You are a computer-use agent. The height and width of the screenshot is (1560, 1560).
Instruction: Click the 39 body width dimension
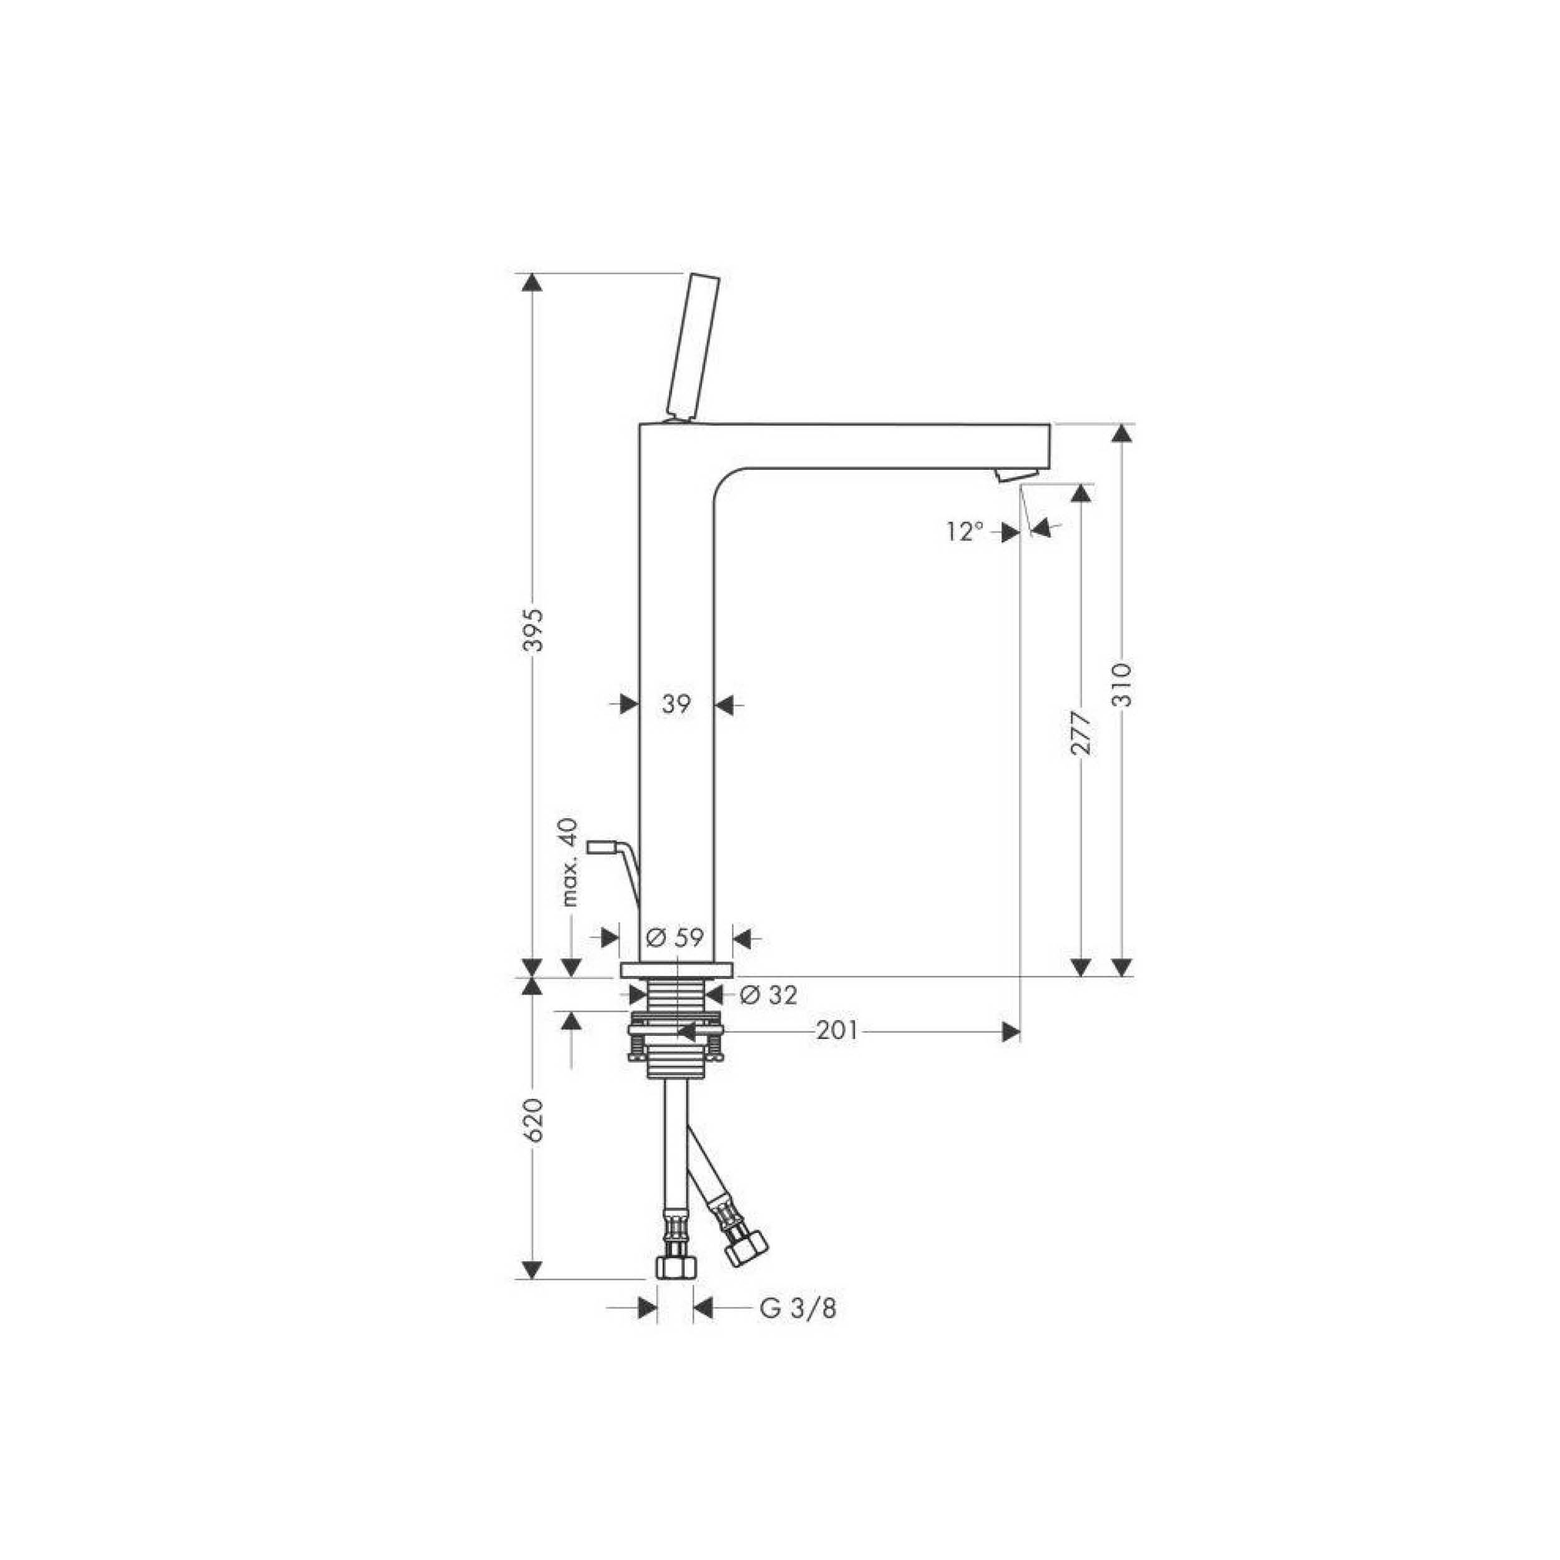click(x=676, y=705)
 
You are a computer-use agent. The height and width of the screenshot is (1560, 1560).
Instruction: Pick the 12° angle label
click(x=967, y=531)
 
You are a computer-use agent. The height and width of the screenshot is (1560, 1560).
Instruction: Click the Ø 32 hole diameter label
click(x=768, y=995)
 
